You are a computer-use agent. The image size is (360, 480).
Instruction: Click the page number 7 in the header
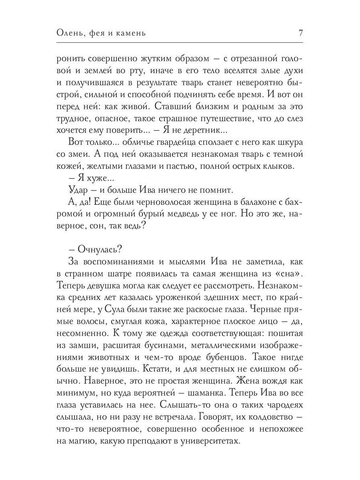click(300, 33)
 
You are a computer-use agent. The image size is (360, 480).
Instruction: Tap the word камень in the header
click(129, 34)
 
